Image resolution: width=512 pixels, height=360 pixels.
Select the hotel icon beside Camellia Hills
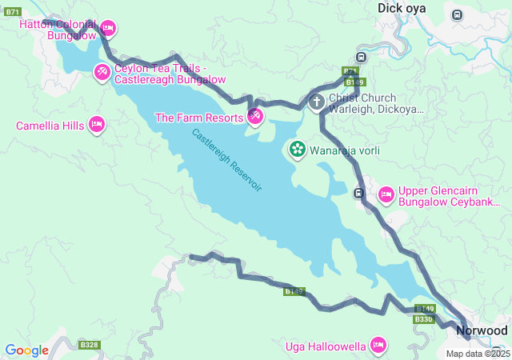[x=96, y=125]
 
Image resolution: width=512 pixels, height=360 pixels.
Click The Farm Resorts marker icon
[x=255, y=118]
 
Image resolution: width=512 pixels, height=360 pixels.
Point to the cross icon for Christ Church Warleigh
[x=317, y=102]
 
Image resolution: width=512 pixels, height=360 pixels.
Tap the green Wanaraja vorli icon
[x=297, y=150]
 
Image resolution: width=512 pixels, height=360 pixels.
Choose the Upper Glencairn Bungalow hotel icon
[x=386, y=194]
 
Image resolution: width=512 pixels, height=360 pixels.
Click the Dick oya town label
[x=402, y=8]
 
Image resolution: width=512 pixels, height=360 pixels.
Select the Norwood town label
[x=482, y=330]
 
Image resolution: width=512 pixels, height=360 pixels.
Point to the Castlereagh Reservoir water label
[x=226, y=159]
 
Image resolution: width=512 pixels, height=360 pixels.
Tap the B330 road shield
[x=423, y=319]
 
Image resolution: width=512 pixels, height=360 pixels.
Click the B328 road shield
[x=89, y=346]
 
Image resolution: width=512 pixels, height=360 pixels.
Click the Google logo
[x=26, y=350]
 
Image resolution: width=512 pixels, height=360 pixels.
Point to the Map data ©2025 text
[x=478, y=354]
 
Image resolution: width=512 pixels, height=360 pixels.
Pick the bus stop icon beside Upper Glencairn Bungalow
[x=360, y=193]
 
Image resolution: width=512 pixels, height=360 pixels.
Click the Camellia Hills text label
[x=50, y=126]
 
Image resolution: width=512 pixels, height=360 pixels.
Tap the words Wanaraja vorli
[x=345, y=150]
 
